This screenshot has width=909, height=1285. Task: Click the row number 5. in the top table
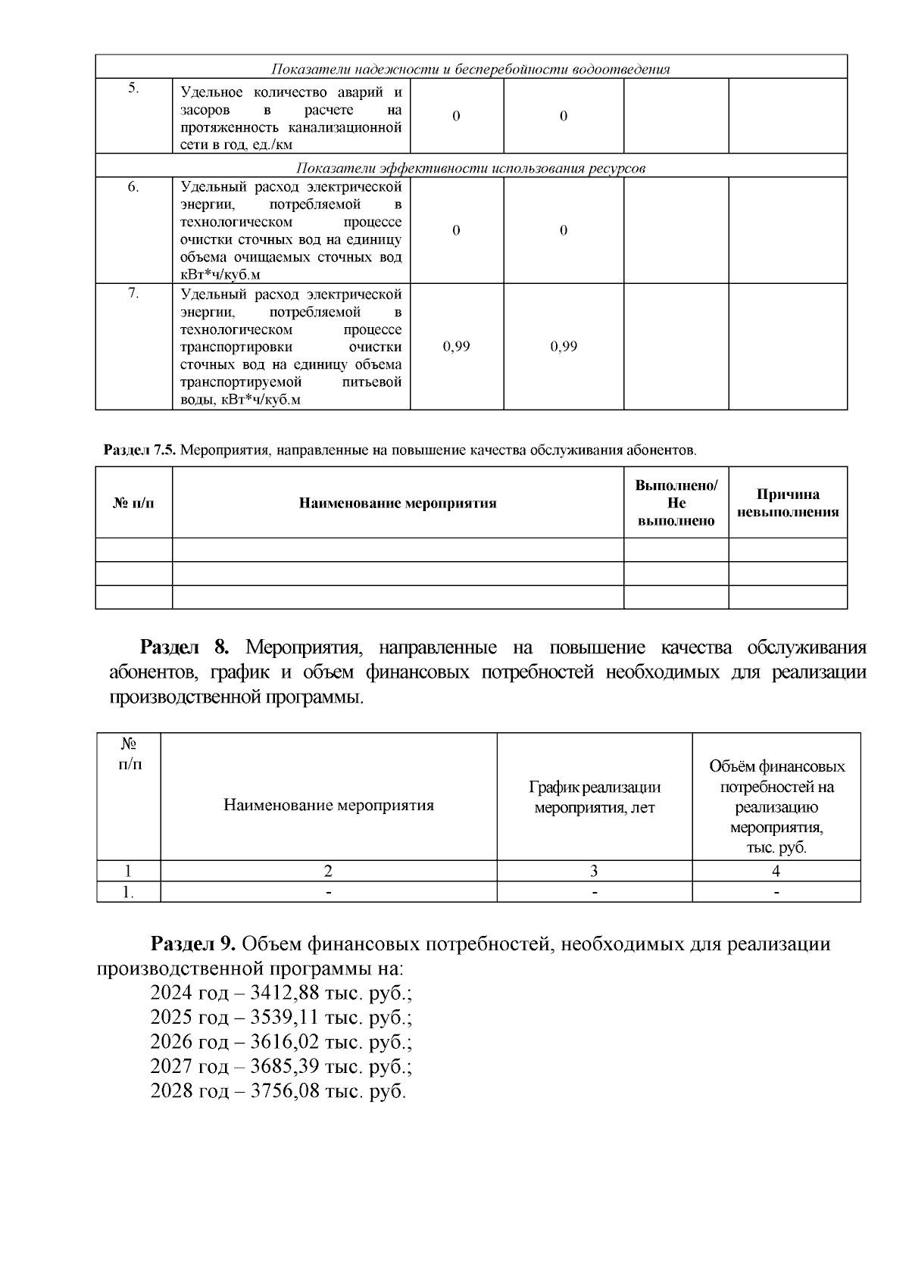click(x=133, y=88)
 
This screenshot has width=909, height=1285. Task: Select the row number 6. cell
click(x=133, y=187)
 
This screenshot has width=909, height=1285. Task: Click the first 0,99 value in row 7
click(x=456, y=346)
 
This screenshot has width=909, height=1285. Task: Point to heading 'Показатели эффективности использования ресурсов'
click(x=470, y=167)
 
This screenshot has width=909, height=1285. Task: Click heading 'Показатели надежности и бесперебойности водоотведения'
click(x=470, y=69)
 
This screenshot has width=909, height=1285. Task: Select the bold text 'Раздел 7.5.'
click(x=139, y=451)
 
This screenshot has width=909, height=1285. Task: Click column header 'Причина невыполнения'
click(x=788, y=503)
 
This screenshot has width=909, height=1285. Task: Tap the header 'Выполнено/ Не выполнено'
click(x=676, y=503)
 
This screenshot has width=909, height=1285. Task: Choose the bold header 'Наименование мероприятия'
click(x=398, y=503)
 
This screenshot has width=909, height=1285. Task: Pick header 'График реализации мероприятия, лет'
click(x=594, y=797)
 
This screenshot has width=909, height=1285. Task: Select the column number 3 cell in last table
click(x=594, y=871)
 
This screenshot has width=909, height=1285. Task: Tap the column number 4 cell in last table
click(x=776, y=871)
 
